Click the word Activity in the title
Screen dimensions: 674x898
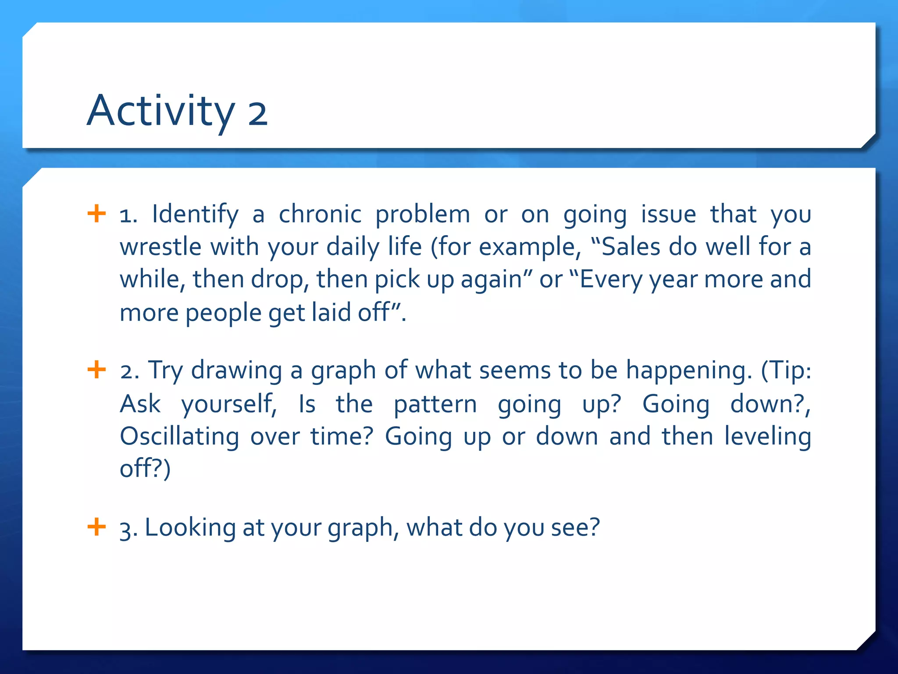(160, 111)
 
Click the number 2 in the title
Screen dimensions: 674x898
(258, 114)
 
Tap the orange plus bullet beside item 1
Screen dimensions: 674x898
(96, 214)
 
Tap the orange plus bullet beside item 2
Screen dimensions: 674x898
(96, 369)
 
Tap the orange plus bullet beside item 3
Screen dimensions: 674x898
(96, 526)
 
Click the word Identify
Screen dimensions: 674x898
(195, 215)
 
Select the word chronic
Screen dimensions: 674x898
(320, 214)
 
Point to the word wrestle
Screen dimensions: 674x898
(160, 247)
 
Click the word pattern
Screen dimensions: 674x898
(435, 404)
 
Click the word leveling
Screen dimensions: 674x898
(767, 437)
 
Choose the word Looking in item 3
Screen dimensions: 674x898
(190, 528)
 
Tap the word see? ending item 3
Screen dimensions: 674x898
(575, 527)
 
